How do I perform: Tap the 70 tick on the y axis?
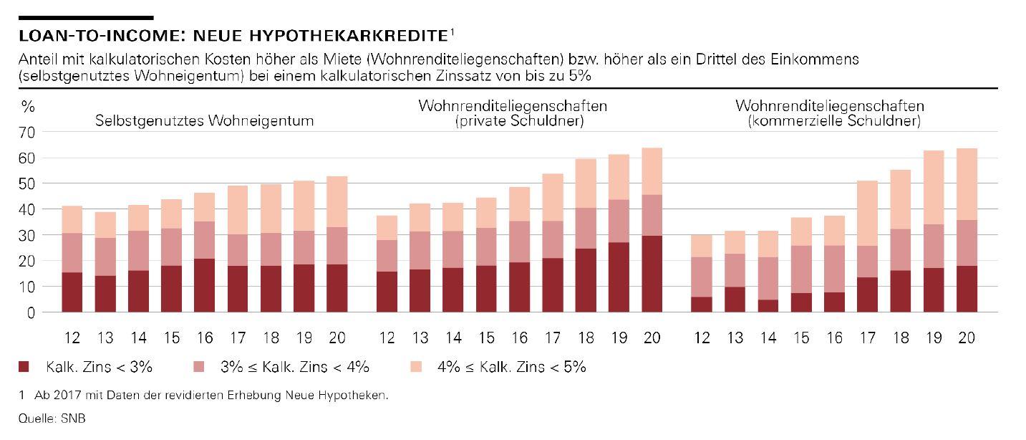pos(26,132)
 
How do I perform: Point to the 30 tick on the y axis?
pos(26,235)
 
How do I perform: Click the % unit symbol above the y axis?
pos(27,107)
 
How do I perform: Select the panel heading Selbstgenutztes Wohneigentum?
pos(205,121)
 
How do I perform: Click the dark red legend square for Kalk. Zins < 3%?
pos(24,368)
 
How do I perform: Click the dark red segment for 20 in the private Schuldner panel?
pos(652,274)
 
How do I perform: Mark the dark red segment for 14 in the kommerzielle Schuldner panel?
pos(768,306)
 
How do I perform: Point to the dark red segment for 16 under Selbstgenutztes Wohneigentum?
pos(205,285)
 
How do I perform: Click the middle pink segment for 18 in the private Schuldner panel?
pos(586,228)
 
